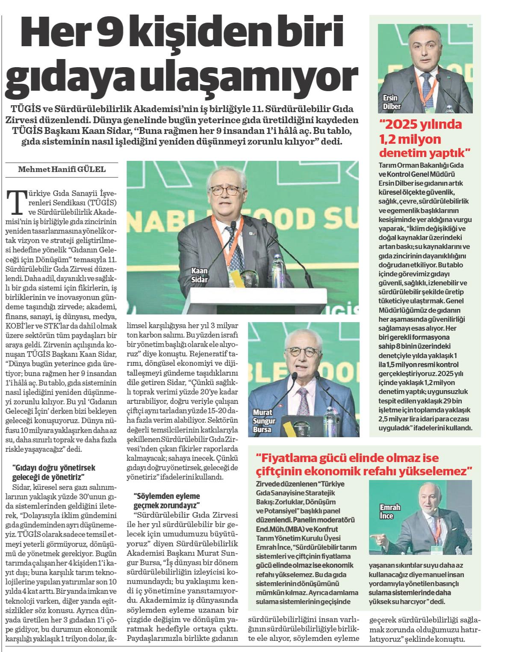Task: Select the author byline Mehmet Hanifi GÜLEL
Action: (62, 169)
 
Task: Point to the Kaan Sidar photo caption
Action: (199, 276)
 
